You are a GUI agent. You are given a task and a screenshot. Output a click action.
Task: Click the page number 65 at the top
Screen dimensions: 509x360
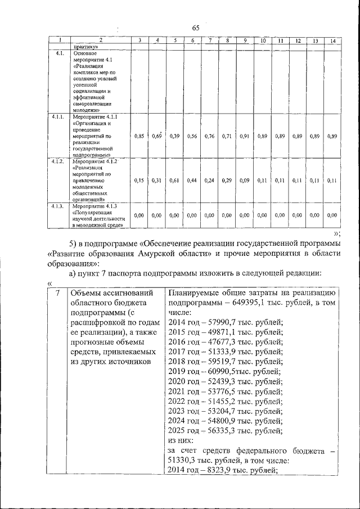pyautogui.click(x=195, y=29)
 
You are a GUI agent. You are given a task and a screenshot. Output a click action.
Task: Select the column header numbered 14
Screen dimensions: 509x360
pyautogui.click(x=334, y=41)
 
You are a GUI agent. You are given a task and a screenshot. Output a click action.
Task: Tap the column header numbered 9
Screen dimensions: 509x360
pyautogui.click(x=245, y=41)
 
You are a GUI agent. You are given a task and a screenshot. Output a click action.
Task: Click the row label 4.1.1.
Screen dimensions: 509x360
pyautogui.click(x=57, y=116)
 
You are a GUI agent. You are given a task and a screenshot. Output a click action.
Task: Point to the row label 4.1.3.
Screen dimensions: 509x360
pyautogui.click(x=57, y=206)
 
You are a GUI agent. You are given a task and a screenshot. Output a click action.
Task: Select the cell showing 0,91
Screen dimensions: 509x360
pyautogui.click(x=245, y=136)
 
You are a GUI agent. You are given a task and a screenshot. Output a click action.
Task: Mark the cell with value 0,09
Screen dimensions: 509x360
pyautogui.click(x=245, y=180)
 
